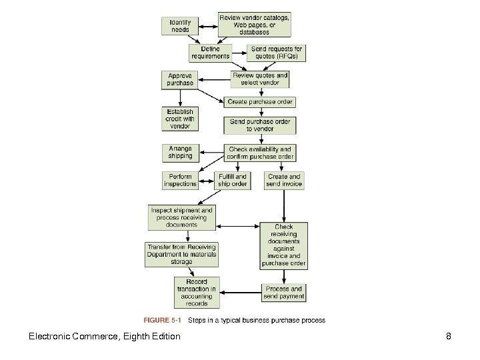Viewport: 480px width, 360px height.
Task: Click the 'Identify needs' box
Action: click(180, 26)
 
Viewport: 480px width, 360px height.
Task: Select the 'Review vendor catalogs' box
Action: click(254, 25)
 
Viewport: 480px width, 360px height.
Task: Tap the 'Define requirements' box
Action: click(210, 53)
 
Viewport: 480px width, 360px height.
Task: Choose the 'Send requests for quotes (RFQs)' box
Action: click(277, 53)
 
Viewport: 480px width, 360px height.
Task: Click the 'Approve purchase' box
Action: click(180, 79)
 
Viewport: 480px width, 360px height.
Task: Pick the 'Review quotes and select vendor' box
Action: click(260, 79)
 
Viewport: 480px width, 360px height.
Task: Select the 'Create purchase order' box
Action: click(259, 102)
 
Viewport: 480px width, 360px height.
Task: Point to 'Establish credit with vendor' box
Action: click(180, 119)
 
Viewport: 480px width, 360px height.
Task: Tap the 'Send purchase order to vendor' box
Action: click(259, 125)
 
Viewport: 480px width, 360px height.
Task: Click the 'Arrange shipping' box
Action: click(180, 153)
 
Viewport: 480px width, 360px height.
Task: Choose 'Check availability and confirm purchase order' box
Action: click(259, 153)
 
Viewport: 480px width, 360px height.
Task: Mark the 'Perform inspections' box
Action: click(180, 180)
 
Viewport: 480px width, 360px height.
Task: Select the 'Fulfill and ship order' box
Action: click(233, 180)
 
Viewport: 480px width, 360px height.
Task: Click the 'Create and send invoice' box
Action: click(284, 180)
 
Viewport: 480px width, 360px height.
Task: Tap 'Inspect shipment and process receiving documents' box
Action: click(182, 217)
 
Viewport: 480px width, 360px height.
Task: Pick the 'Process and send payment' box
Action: click(284, 293)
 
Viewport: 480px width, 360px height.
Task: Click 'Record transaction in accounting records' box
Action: click(197, 293)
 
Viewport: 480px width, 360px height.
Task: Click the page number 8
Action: click(449, 337)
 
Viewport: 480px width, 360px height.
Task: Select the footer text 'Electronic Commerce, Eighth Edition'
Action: click(104, 337)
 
